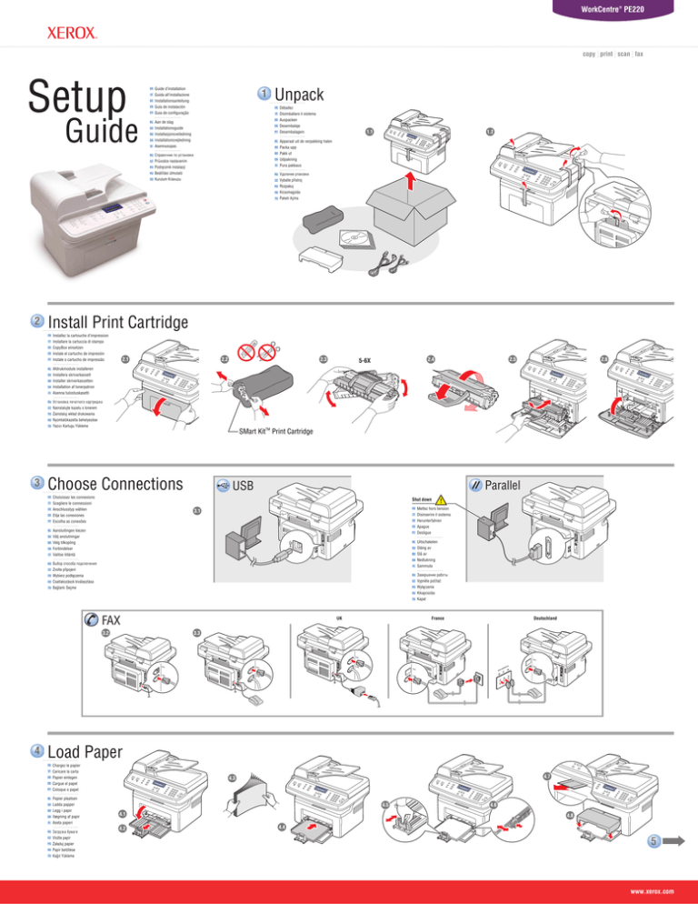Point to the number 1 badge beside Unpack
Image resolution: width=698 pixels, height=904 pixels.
coord(262,94)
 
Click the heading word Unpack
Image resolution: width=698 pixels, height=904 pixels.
coord(300,95)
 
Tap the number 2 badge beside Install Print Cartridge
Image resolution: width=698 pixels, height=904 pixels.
coord(37,322)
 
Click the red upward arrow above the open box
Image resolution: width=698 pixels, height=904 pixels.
coord(409,185)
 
